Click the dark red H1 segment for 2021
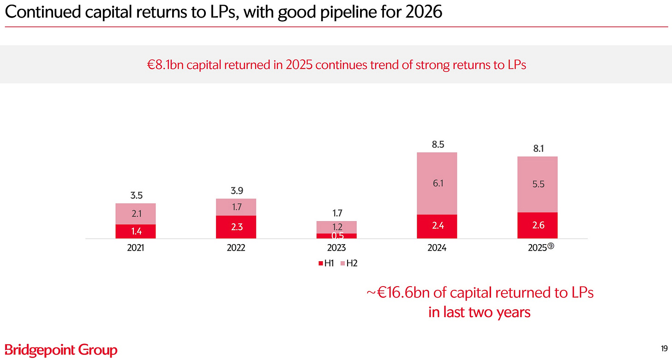(136, 231)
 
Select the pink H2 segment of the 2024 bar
(437, 183)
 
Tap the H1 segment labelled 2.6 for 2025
(538, 225)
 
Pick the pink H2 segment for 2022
(236, 207)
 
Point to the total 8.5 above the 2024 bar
(438, 144)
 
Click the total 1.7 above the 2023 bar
(337, 213)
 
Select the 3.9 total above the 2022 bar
(237, 191)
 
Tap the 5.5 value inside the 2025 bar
(538, 184)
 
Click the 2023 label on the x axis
(336, 248)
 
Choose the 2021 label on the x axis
(136, 248)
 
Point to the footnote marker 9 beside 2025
(551, 246)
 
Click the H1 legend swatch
(321, 264)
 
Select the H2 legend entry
(349, 264)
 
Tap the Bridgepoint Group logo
(61, 350)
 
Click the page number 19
(664, 348)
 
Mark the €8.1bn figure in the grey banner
(165, 65)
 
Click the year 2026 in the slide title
(423, 12)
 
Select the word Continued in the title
(43, 12)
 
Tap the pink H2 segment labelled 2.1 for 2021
(136, 214)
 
